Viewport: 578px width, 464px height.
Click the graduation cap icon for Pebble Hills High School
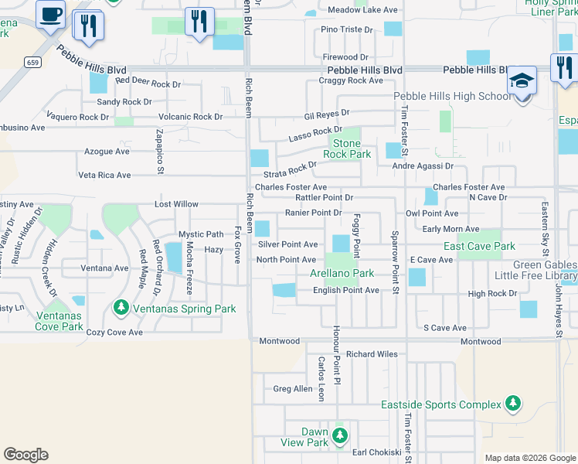pyautogui.click(x=522, y=80)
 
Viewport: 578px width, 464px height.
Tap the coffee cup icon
pyautogui.click(x=51, y=15)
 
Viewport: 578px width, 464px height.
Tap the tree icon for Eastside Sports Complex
pyautogui.click(x=512, y=403)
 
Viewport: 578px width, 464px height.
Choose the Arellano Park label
pyautogui.click(x=342, y=274)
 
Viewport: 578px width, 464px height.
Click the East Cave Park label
pyautogui.click(x=479, y=246)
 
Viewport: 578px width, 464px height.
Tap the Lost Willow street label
pyautogui.click(x=176, y=204)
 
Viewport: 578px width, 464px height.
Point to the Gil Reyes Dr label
pyautogui.click(x=327, y=115)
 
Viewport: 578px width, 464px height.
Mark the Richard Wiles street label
pyautogui.click(x=372, y=354)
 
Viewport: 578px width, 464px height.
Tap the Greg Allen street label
pyautogui.click(x=293, y=389)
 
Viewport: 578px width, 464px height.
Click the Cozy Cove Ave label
pyautogui.click(x=114, y=333)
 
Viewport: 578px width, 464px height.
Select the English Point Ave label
pyautogui.click(x=345, y=290)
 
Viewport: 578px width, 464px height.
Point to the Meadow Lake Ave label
pyautogui.click(x=352, y=10)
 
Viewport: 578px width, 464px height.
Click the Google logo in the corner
pyautogui.click(x=25, y=455)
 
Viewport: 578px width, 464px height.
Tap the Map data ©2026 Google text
pyautogui.click(x=529, y=458)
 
